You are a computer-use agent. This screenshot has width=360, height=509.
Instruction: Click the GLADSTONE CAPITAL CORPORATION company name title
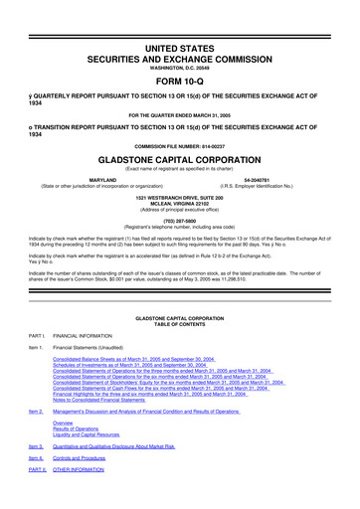[x=180, y=158]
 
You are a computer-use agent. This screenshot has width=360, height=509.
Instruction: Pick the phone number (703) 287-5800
[x=180, y=222]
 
